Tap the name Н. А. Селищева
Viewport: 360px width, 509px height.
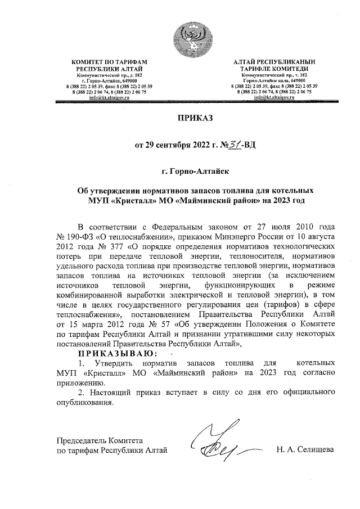click(305, 449)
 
